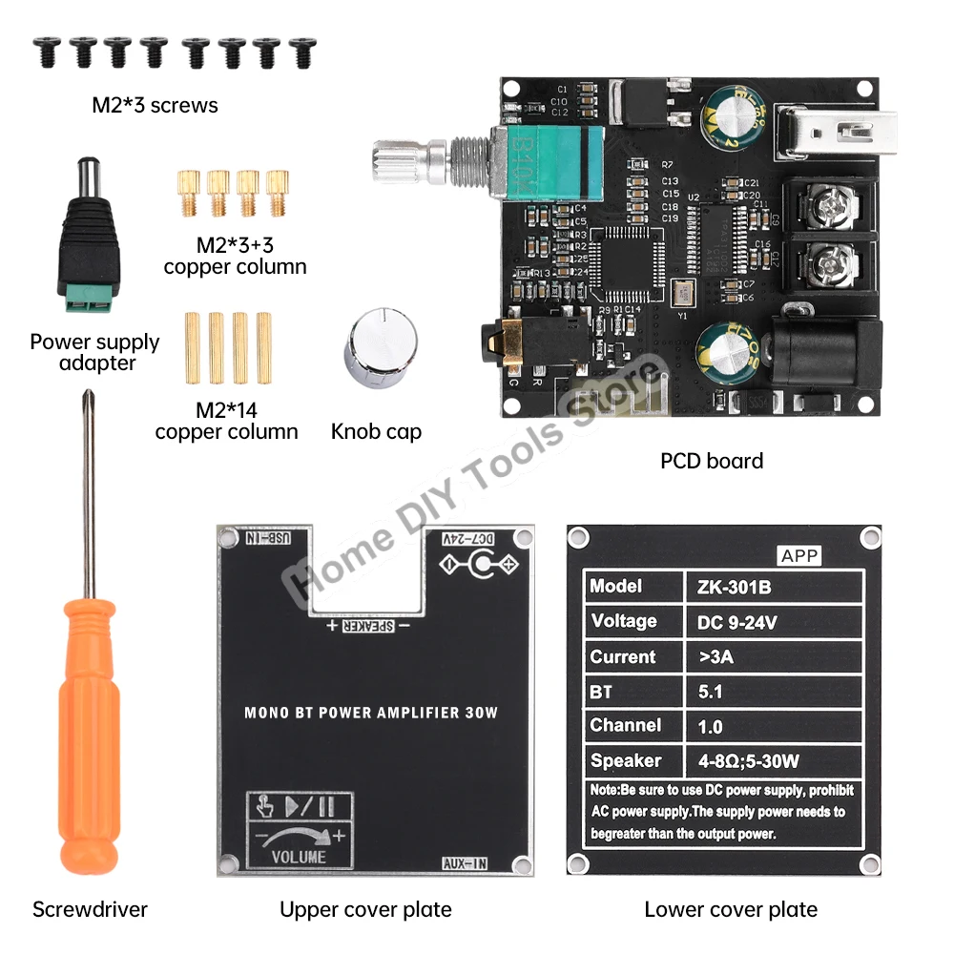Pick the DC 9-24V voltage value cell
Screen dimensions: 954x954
pyautogui.click(x=731, y=622)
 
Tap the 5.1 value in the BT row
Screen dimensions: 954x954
pyautogui.click(x=710, y=692)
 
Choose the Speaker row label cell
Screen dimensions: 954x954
pyautogui.click(x=626, y=761)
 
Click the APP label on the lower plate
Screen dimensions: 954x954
pyautogui.click(x=799, y=556)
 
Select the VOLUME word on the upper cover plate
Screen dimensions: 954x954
pyautogui.click(x=299, y=856)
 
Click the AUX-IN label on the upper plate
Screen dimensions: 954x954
pyautogui.click(x=466, y=864)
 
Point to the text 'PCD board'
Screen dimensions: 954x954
pyautogui.click(x=712, y=462)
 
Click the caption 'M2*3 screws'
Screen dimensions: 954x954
pyautogui.click(x=155, y=105)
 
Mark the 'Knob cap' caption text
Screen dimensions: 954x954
pyautogui.click(x=376, y=432)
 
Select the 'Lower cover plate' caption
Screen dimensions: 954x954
pyautogui.click(x=731, y=909)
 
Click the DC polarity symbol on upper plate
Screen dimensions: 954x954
pyautogui.click(x=483, y=567)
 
